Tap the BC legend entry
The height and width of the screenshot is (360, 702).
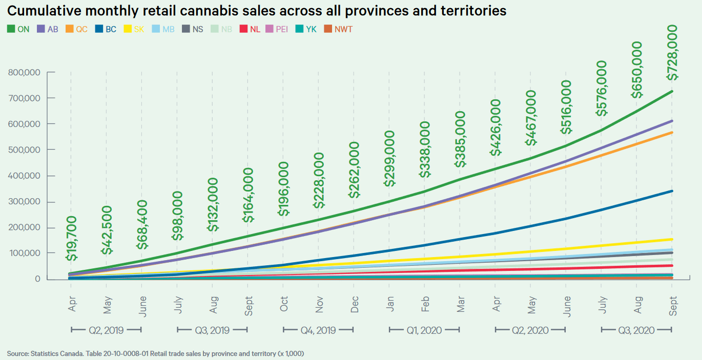click(x=106, y=29)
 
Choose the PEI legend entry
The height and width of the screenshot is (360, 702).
click(x=276, y=29)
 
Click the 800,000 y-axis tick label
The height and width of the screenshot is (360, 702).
click(x=25, y=72)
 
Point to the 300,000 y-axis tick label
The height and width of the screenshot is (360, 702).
click(x=25, y=201)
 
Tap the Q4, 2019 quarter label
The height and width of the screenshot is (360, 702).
click(x=318, y=330)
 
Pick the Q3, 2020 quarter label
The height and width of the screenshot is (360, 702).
click(x=636, y=330)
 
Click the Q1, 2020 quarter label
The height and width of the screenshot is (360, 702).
click(x=424, y=330)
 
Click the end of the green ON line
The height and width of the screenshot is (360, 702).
click(x=672, y=91)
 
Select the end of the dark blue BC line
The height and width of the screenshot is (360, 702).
click(x=672, y=191)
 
